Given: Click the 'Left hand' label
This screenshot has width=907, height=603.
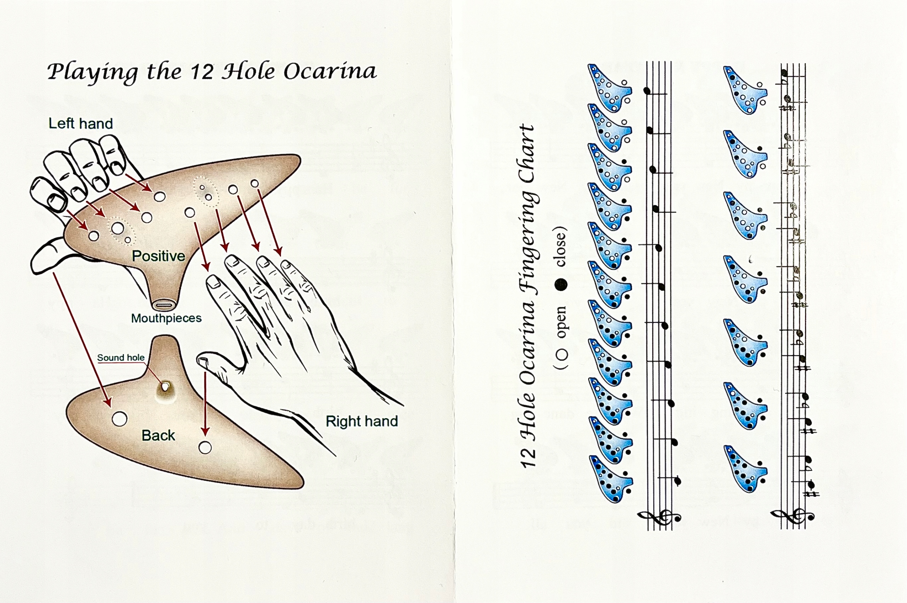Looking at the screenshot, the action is [x=80, y=124].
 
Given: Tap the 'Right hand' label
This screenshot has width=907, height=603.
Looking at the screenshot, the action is [x=361, y=421].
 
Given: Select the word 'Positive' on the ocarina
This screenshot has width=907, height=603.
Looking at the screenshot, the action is [x=158, y=256].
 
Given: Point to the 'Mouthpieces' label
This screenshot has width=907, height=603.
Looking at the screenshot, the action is [x=166, y=318].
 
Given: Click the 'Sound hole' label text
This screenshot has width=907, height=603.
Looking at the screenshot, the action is [x=120, y=358].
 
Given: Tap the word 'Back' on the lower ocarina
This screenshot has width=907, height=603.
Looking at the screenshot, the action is [x=158, y=435].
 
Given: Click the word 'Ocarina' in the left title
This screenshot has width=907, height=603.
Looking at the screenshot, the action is [x=330, y=72].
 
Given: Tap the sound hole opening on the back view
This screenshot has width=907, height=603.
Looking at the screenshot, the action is [x=165, y=386].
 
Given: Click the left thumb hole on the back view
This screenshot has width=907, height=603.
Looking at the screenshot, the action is [x=119, y=419].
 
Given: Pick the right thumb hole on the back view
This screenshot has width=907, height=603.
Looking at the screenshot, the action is [x=205, y=448].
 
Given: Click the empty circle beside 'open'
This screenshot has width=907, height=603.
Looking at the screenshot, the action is [x=562, y=354].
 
